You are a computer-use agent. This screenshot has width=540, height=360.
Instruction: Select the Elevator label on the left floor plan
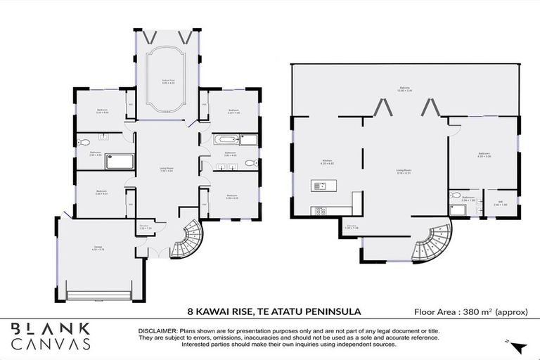pos(146,227)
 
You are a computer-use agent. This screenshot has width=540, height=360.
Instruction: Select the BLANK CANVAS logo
pos(51,336)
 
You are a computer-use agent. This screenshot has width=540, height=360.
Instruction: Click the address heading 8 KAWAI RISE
pos(274,310)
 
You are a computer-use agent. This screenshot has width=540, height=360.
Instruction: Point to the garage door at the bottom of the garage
pos(98,294)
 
